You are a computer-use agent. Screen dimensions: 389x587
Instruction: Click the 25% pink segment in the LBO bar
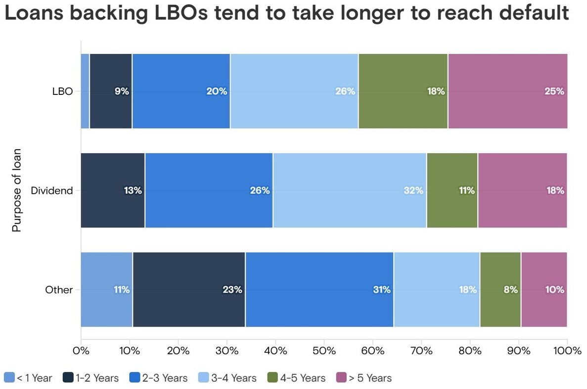click(507, 91)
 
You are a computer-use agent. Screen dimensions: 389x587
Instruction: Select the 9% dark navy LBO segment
click(111, 91)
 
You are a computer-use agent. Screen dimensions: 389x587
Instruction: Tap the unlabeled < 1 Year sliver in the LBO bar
click(85, 91)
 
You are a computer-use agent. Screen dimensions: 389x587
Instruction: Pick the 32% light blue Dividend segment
click(350, 190)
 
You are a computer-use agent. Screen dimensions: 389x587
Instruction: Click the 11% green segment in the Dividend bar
click(452, 190)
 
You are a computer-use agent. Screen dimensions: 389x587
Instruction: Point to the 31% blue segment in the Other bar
click(319, 290)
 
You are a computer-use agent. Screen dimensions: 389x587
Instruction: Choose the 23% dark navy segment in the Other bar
click(189, 290)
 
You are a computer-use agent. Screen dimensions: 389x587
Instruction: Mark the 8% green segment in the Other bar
click(500, 290)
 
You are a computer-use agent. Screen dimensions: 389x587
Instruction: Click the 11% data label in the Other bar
click(121, 290)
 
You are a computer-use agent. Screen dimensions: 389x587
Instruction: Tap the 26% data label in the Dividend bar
click(260, 190)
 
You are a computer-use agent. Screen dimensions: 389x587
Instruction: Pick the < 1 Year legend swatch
click(9, 378)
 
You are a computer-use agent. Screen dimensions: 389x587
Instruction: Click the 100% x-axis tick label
click(567, 351)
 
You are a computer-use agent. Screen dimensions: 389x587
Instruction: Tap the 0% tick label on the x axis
click(81, 351)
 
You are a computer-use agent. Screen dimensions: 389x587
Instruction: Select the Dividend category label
click(51, 190)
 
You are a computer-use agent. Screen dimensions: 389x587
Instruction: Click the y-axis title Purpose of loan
click(17, 190)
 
